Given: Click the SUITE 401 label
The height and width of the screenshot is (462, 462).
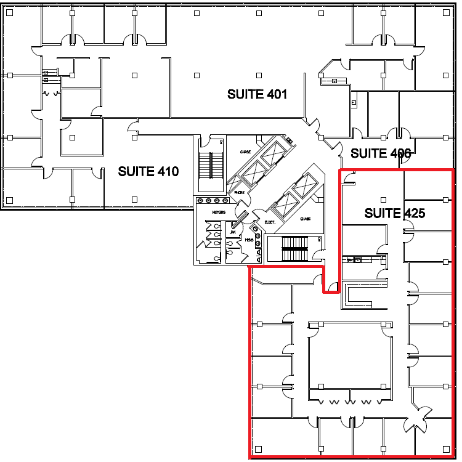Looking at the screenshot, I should (x=257, y=94).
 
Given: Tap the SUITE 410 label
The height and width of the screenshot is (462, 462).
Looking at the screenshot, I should (x=148, y=171).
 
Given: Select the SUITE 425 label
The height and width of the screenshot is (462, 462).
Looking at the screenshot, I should (x=395, y=213).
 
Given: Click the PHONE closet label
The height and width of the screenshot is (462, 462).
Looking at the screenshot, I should (x=239, y=192).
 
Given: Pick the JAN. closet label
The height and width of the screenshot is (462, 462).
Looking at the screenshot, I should (x=233, y=232).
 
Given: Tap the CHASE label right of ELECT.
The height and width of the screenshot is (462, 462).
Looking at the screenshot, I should (x=306, y=219).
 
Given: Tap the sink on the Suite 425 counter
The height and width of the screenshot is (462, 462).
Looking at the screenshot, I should (x=352, y=261).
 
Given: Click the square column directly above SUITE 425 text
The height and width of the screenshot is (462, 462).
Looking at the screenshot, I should (x=383, y=200).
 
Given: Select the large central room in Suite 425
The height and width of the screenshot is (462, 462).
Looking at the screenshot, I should (x=349, y=357).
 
